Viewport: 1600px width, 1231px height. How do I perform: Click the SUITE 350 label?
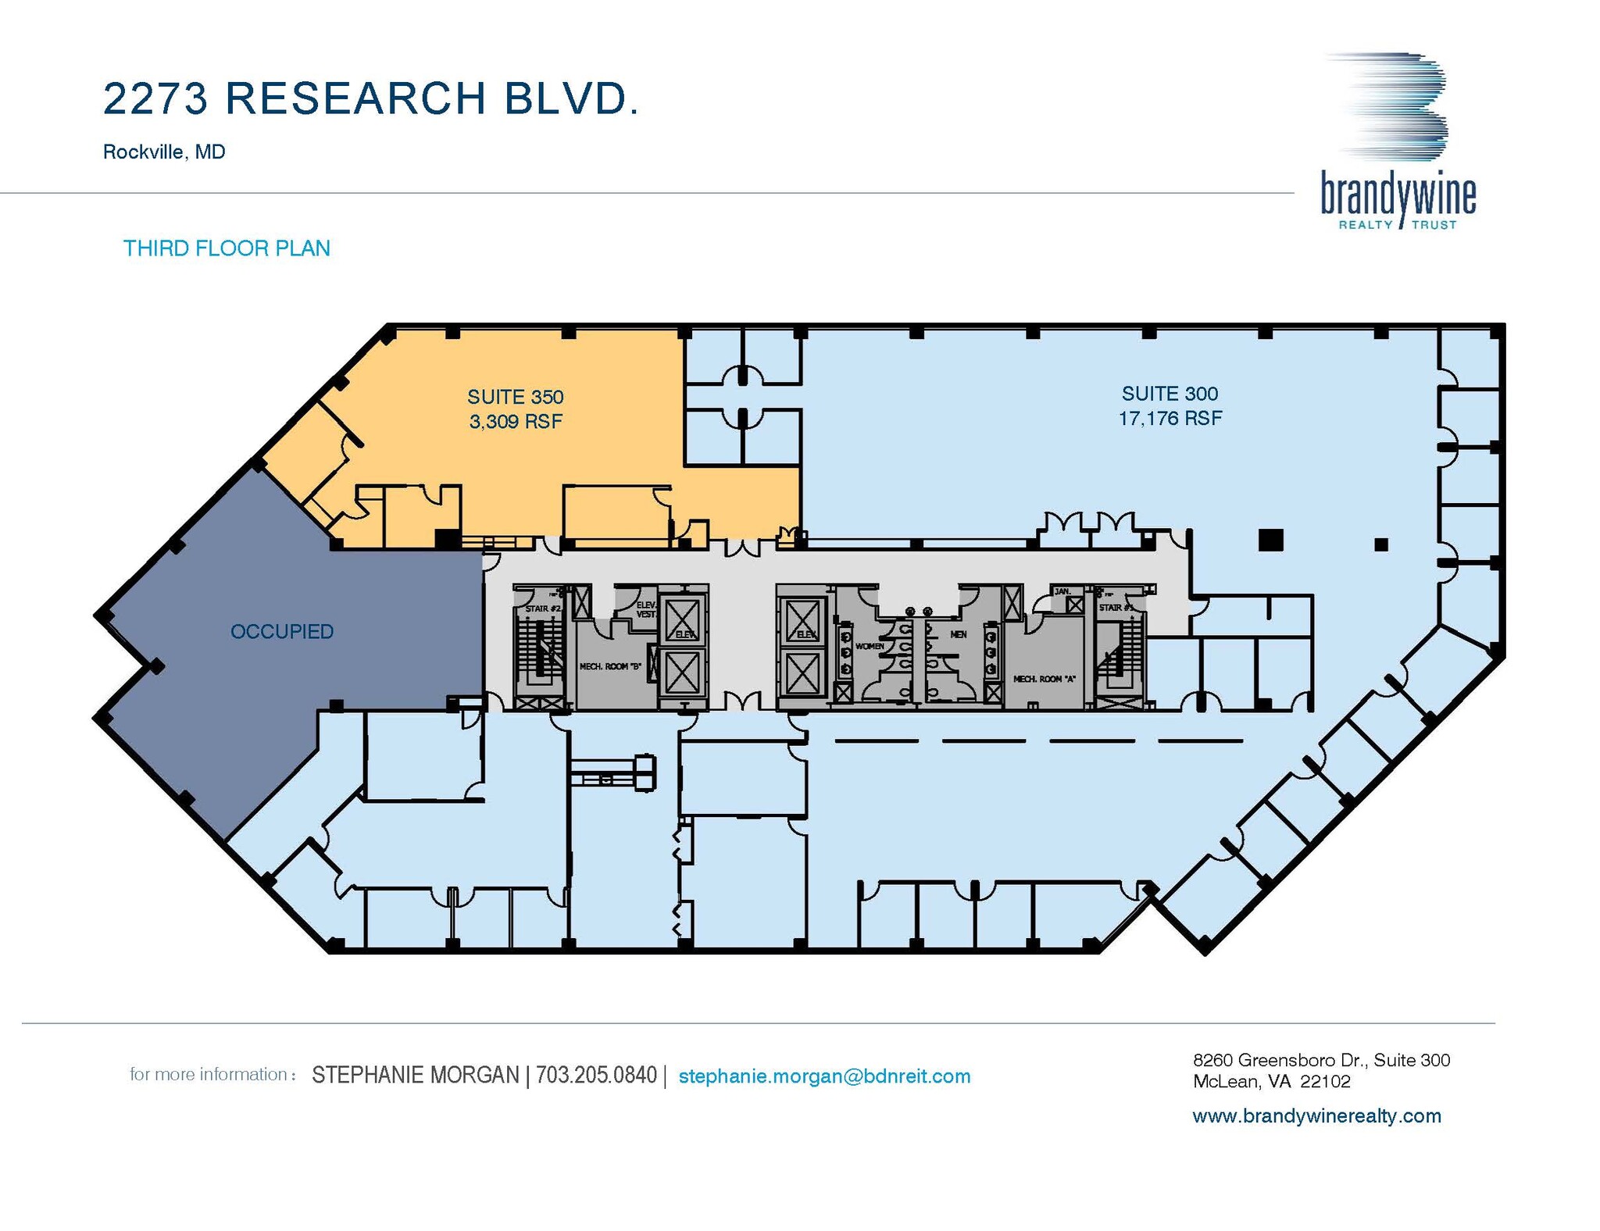pyautogui.click(x=515, y=397)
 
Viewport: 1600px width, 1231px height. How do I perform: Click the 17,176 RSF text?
pyautogui.click(x=1170, y=419)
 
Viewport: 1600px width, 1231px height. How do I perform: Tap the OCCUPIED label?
pyautogui.click(x=281, y=631)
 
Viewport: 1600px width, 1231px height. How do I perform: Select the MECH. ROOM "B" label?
pyautogui.click(x=609, y=666)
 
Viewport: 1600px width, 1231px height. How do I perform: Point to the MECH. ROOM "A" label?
pyautogui.click(x=1044, y=679)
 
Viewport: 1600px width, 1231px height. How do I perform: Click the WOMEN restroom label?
pyautogui.click(x=869, y=646)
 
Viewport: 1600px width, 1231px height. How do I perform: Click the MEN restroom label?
pyautogui.click(x=958, y=635)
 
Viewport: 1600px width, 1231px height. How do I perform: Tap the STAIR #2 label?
pyautogui.click(x=543, y=608)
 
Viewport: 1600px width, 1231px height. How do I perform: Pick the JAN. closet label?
pyautogui.click(x=1062, y=591)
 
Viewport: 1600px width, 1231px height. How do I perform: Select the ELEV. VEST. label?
pyautogui.click(x=646, y=609)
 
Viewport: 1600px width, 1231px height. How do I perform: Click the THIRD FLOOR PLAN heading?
pyautogui.click(x=227, y=248)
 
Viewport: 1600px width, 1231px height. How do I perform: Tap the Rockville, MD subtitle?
pyautogui.click(x=164, y=152)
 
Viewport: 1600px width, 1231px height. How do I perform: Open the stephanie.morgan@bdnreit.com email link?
pyautogui.click(x=824, y=1076)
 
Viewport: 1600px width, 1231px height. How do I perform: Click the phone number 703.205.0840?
pyautogui.click(x=596, y=1076)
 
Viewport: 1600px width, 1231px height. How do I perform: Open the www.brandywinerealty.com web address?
pyautogui.click(x=1316, y=1116)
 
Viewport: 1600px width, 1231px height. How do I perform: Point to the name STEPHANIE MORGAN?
pyautogui.click(x=415, y=1076)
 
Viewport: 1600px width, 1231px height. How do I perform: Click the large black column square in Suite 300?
pyautogui.click(x=1270, y=540)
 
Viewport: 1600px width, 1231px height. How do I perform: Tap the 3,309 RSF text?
pyautogui.click(x=515, y=422)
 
